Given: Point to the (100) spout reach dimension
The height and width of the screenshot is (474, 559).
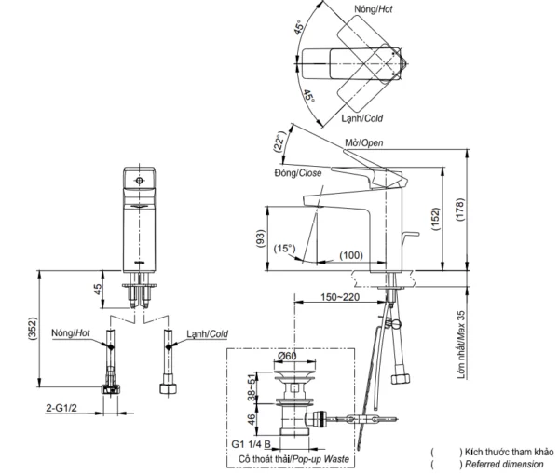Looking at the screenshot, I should pyautogui.click(x=351, y=254).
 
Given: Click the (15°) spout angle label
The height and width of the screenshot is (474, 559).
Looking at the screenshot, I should pyautogui.click(x=285, y=248).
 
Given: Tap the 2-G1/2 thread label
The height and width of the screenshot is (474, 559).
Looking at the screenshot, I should pyautogui.click(x=58, y=406).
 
